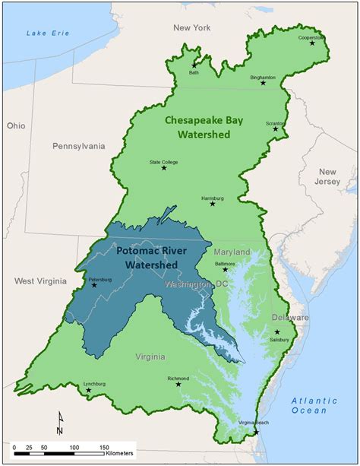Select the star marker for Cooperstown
312,43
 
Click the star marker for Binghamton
263,83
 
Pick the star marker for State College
164,167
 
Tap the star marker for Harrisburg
213,204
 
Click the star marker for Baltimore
225,269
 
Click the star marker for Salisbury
277,332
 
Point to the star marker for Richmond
178,384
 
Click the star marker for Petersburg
94,285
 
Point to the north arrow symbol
60,420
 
